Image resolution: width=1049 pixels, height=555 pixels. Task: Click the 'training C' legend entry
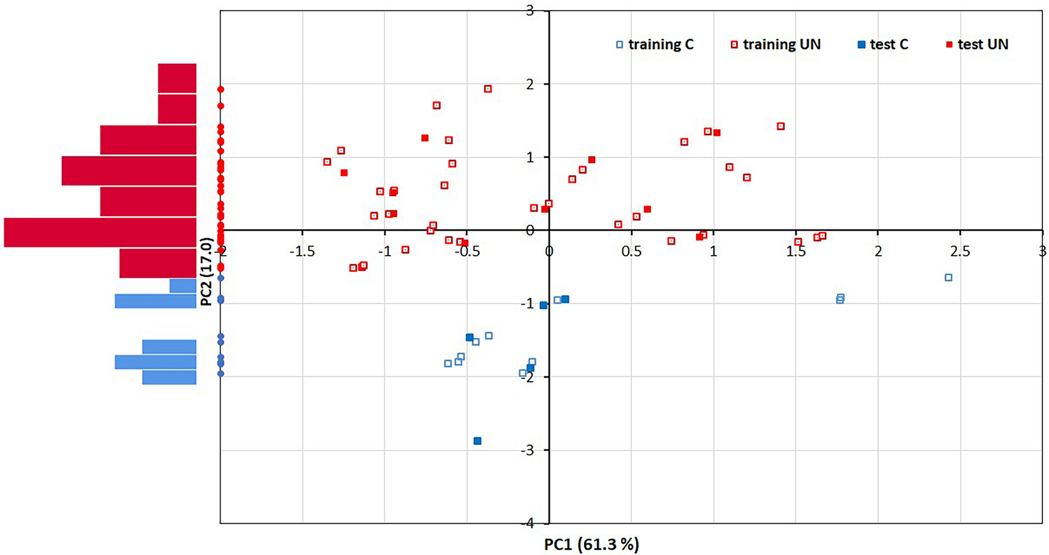point(654,44)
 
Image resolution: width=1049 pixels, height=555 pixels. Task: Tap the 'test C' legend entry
point(883,44)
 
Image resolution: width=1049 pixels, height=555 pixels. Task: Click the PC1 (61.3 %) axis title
point(591,544)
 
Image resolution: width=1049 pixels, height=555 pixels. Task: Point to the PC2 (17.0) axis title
point(206,272)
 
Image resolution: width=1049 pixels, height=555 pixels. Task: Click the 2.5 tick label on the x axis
point(960,251)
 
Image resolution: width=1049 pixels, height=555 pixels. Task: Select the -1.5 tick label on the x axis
point(302,251)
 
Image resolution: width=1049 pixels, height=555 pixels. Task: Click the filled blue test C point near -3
point(478,441)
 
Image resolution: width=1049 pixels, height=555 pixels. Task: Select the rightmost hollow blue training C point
point(948,277)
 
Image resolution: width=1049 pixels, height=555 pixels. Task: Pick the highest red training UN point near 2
point(488,89)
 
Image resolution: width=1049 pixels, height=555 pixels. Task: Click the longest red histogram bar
point(100,232)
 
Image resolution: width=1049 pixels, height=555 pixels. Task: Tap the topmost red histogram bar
point(177,78)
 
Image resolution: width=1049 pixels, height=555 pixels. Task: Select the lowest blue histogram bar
point(169,378)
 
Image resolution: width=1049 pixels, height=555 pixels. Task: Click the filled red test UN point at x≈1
point(717,133)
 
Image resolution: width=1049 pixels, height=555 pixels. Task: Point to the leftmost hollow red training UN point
point(327,162)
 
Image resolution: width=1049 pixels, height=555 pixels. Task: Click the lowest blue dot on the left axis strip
point(220,374)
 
